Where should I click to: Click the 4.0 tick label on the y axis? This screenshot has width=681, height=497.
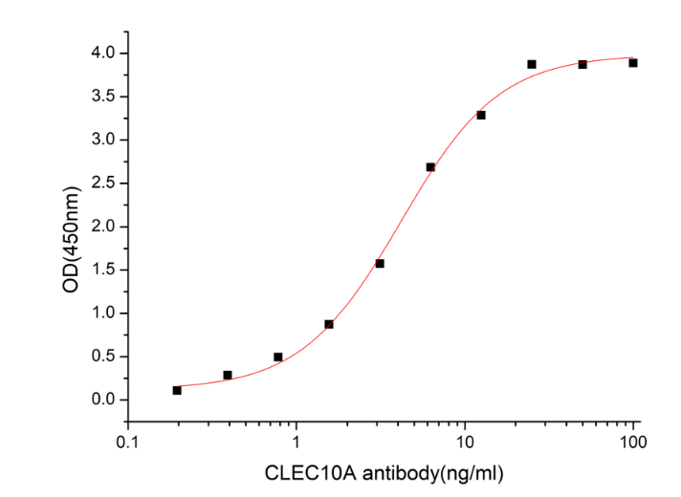(105, 53)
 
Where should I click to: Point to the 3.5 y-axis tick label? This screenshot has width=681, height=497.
(105, 97)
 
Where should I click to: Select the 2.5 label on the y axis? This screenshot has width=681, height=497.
(105, 183)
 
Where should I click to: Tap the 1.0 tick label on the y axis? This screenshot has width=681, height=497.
(105, 313)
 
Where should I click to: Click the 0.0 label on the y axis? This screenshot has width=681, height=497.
(105, 400)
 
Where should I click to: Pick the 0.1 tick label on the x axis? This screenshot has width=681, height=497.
(127, 443)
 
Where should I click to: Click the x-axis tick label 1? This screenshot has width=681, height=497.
(297, 443)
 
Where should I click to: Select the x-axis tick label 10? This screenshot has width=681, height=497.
(464, 443)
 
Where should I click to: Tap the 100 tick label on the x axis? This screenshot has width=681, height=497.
(632, 443)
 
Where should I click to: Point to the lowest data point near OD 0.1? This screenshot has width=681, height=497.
(177, 390)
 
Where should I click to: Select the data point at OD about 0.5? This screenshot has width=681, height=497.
(278, 357)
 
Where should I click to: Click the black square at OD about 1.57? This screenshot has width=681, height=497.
(380, 263)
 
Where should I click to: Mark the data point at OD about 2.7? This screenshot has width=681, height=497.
(430, 167)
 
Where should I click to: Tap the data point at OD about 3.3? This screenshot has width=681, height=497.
(481, 115)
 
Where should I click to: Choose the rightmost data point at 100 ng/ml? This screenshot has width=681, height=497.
(633, 63)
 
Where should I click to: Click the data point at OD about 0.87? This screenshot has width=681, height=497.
(329, 324)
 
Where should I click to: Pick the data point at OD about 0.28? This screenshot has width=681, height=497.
(228, 375)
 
